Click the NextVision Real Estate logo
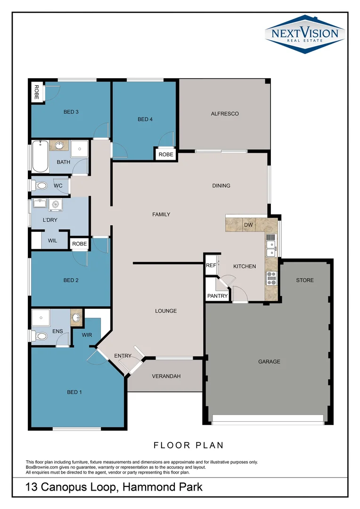point(305,34)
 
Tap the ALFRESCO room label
point(225,114)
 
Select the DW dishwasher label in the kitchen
point(248,225)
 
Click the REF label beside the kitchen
point(211,265)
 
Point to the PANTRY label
point(218,296)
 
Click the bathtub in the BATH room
point(40,156)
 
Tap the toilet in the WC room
point(39,186)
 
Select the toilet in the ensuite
point(39,336)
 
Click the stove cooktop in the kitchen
point(271,279)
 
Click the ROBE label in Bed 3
point(37,92)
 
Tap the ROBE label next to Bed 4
point(166,155)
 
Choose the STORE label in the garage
point(305,280)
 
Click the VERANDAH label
point(166,376)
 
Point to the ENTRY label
point(123,356)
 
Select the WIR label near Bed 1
point(87,335)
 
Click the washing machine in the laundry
point(56,205)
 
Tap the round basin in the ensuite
point(76,317)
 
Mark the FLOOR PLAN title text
point(188,445)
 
